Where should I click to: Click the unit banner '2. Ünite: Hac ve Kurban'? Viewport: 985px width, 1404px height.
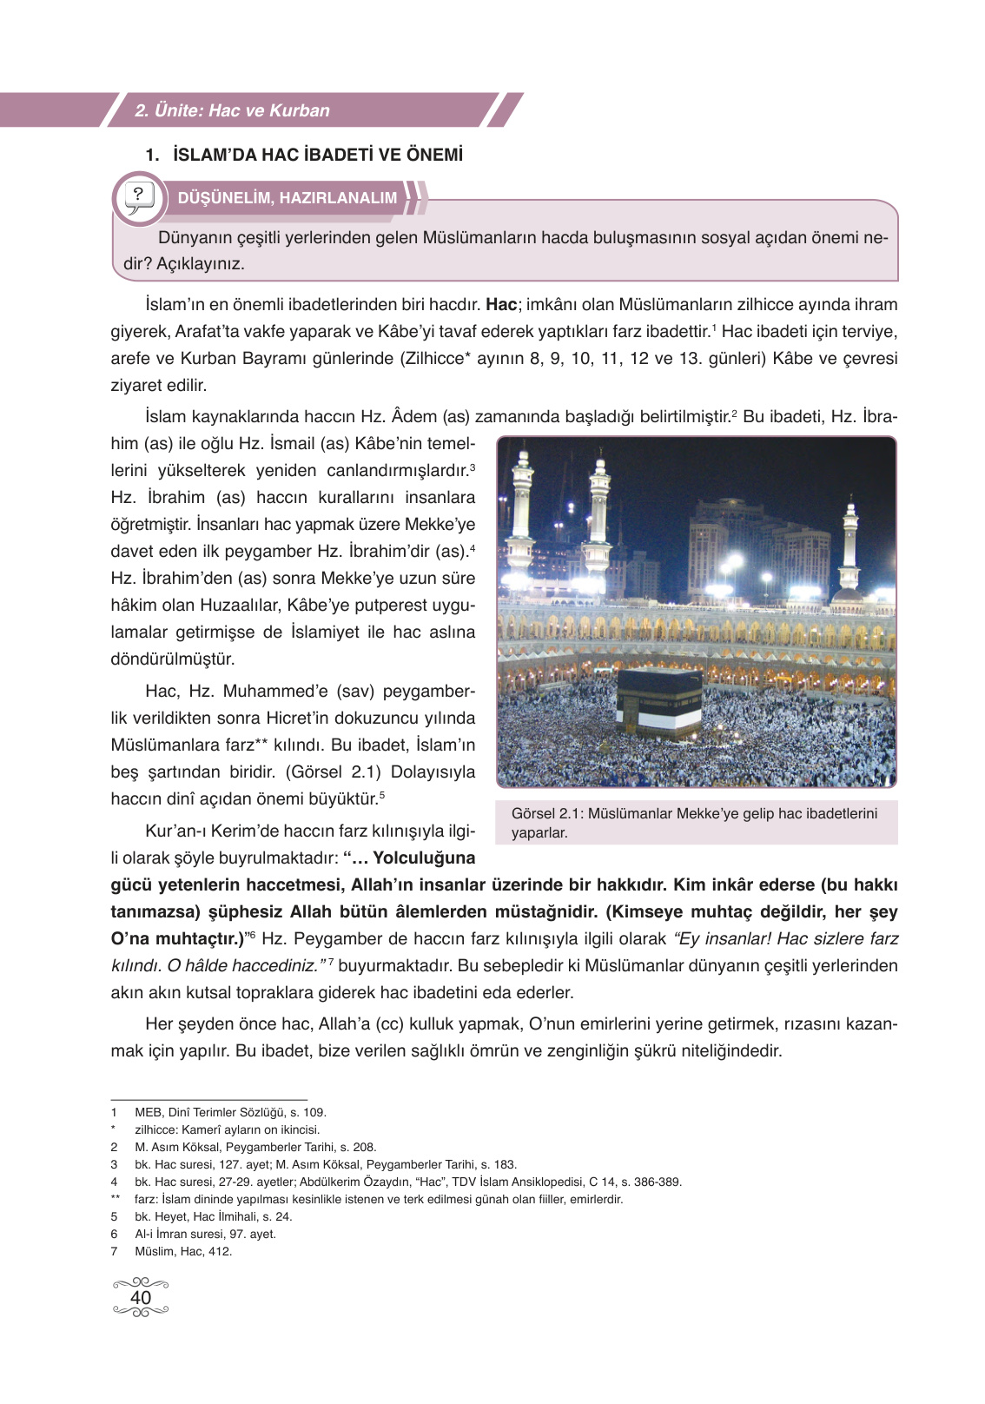click(x=233, y=110)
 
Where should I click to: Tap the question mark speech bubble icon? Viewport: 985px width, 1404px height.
click(x=139, y=198)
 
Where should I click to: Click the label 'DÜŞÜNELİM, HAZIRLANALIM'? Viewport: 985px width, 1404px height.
click(x=287, y=198)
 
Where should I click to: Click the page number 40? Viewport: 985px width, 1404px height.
click(x=141, y=1297)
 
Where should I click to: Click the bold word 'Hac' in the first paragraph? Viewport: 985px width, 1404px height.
click(x=501, y=304)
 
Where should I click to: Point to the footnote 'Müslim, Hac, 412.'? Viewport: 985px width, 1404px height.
click(x=183, y=1251)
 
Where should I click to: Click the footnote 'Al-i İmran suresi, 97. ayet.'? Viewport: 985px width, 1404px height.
click(x=205, y=1234)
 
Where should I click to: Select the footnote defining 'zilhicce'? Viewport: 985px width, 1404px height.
click(x=227, y=1129)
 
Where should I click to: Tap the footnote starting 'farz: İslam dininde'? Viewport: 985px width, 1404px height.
click(x=379, y=1199)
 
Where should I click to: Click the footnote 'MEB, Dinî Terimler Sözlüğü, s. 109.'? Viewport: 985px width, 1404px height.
click(x=230, y=1112)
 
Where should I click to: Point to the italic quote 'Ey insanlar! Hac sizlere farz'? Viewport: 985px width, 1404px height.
click(x=786, y=938)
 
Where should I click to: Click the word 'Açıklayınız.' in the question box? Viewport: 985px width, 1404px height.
click(x=201, y=263)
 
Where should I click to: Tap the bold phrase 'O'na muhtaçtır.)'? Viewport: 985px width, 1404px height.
click(x=177, y=938)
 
